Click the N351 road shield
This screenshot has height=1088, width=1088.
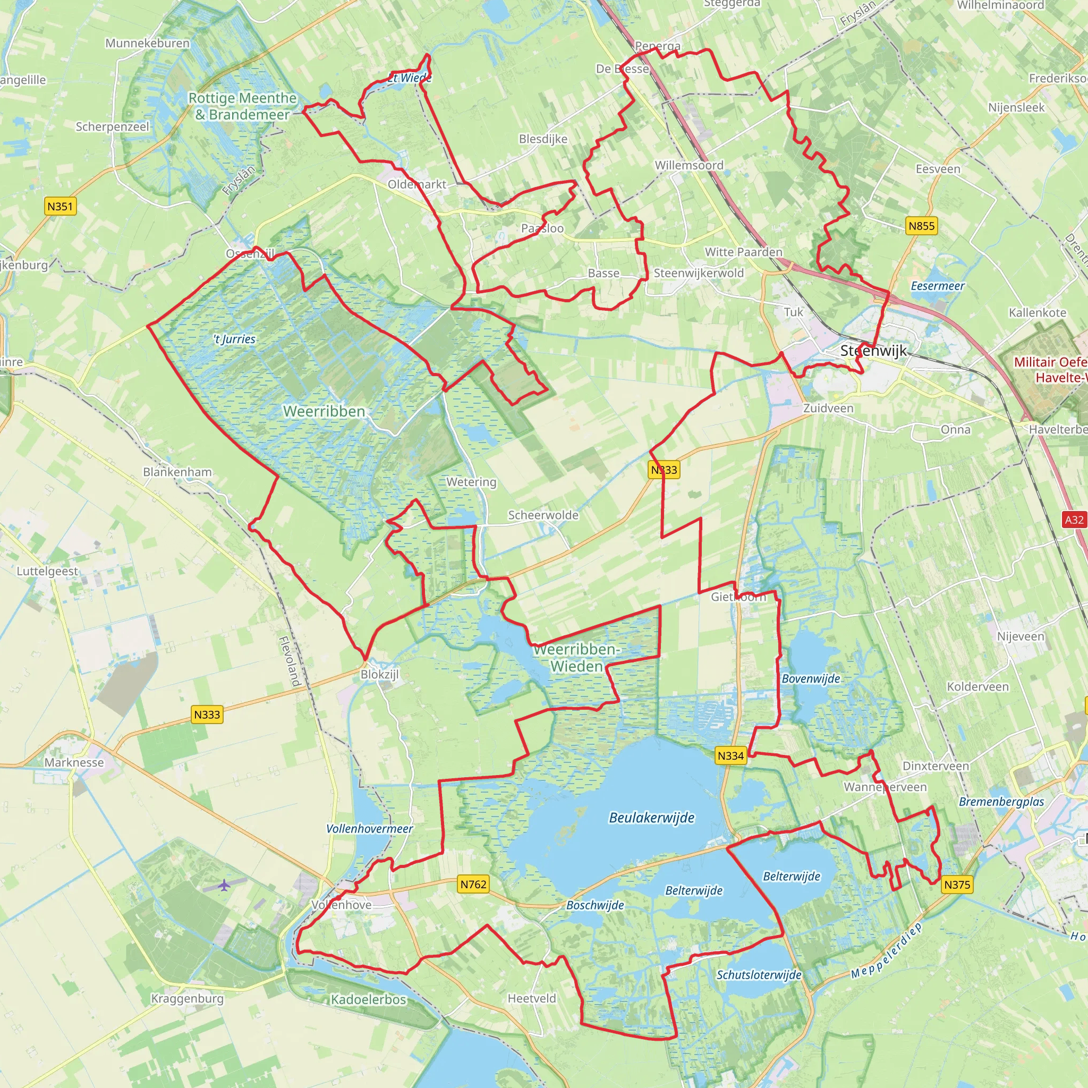tap(59, 206)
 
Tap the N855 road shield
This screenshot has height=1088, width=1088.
tap(921, 226)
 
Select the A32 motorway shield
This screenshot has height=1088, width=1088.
tap(1074, 520)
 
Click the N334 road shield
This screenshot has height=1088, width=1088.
tap(730, 756)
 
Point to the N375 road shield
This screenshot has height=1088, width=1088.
tap(957, 885)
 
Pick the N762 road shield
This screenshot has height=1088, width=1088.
tap(473, 884)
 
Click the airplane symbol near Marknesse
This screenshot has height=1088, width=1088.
tap(225, 885)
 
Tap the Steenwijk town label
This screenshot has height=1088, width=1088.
tap(873, 351)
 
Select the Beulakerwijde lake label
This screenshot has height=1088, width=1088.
tap(651, 818)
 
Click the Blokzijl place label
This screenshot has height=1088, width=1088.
tap(379, 674)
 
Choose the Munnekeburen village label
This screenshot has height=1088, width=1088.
tap(148, 44)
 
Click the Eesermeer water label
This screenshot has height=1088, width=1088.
tap(938, 286)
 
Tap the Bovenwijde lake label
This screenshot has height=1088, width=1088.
tap(810, 679)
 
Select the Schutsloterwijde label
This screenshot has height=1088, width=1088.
tap(759, 975)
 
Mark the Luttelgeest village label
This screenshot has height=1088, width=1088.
tap(47, 571)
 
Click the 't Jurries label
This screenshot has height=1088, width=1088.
tap(234, 339)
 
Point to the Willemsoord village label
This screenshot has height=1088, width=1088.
tap(688, 166)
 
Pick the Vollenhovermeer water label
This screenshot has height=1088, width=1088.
tap(369, 829)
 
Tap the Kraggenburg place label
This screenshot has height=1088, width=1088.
tap(187, 998)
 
